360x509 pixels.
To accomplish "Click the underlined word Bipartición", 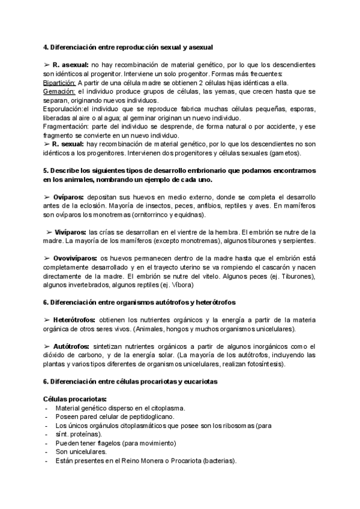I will click(59, 82).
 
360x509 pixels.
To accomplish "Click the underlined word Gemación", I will click(58, 91).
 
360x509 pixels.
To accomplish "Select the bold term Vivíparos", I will click(70, 232).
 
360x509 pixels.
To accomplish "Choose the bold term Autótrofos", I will click(71, 346).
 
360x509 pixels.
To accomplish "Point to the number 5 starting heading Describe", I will click(46, 170).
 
